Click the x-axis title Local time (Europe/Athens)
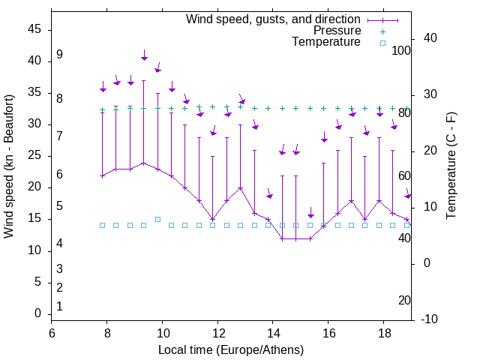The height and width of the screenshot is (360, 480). tap(230, 350)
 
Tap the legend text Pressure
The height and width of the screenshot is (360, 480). tap(337, 31)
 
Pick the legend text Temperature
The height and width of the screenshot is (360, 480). tap(326, 43)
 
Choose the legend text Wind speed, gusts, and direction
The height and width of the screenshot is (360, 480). tap(274, 19)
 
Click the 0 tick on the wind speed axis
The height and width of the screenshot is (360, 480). tap(38, 314)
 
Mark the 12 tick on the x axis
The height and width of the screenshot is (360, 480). tap(217, 333)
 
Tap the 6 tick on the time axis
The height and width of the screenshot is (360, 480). tap(52, 333)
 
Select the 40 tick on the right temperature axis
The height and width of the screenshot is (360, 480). tap(432, 38)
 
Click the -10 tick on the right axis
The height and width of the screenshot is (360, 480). tap(430, 319)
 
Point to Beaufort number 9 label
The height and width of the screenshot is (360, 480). tap(59, 55)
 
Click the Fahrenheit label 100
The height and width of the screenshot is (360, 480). tap(402, 50)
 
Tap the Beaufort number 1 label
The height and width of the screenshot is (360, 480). tap(59, 306)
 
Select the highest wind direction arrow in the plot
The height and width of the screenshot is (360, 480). tap(144, 55)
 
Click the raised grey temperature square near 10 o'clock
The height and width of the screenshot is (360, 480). tap(157, 219)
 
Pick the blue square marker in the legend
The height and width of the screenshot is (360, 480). tap(382, 43)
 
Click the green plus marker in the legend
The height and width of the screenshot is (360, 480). tap(382, 31)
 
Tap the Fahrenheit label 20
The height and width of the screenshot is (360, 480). tap(404, 300)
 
